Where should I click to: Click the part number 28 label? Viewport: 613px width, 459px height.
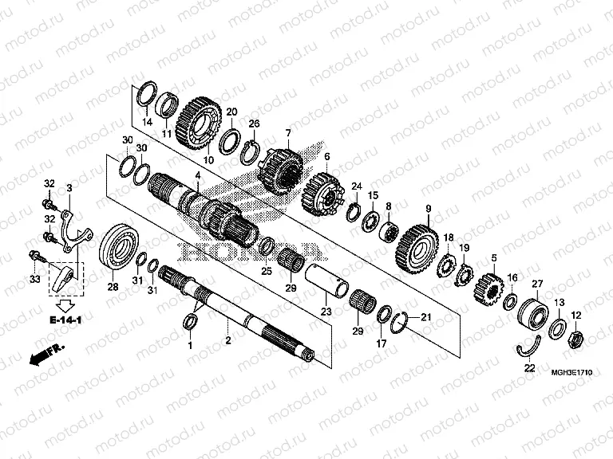pyautogui.click(x=113, y=287)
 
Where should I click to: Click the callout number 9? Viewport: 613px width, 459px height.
pyautogui.click(x=428, y=210)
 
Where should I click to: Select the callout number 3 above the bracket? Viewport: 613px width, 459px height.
pyautogui.click(x=69, y=188)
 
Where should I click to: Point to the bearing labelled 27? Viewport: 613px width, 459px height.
pyautogui.click(x=532, y=312)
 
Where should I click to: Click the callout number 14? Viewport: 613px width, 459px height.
pyautogui.click(x=147, y=122)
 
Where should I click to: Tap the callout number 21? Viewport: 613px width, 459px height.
pyautogui.click(x=425, y=318)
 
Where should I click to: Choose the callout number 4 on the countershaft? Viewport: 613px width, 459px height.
pyautogui.click(x=197, y=174)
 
